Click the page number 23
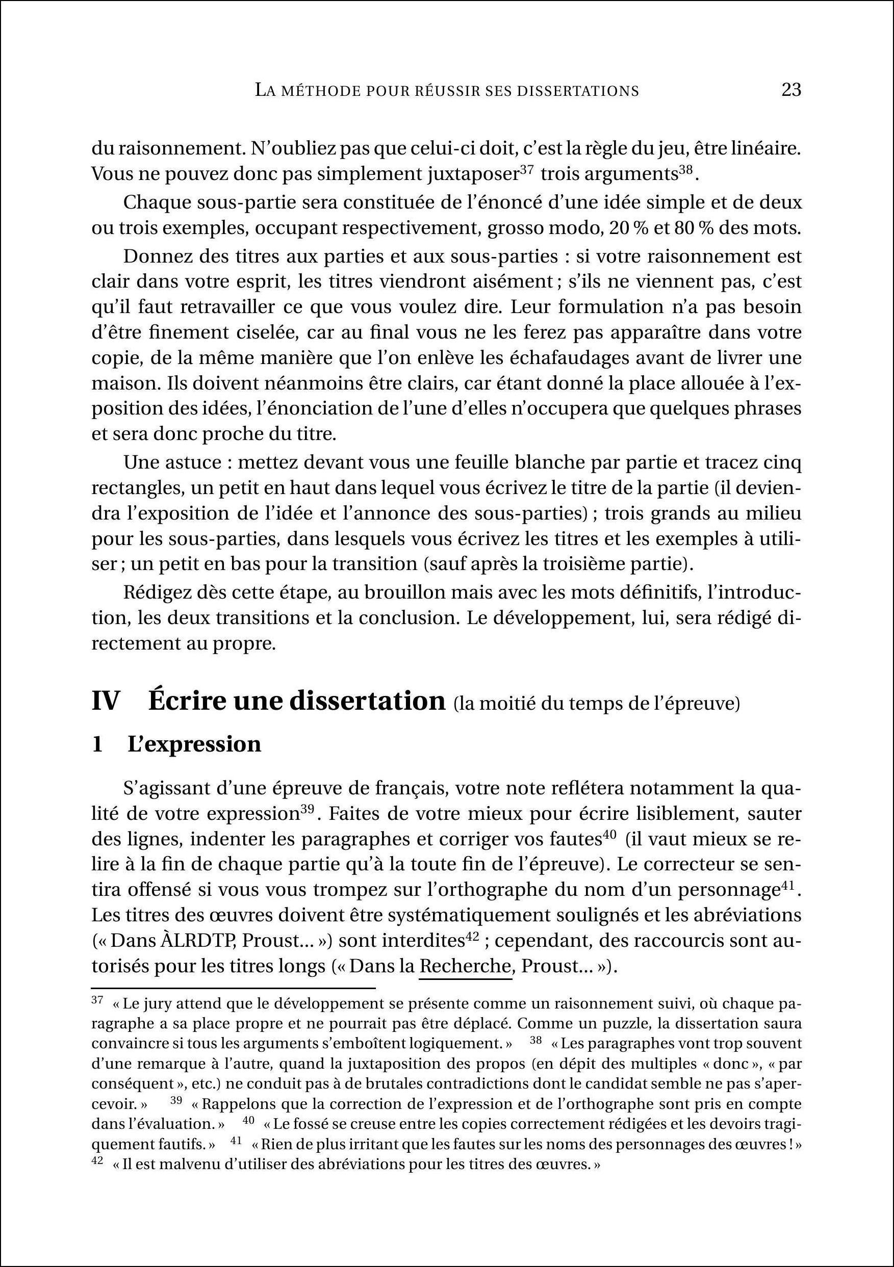click(x=791, y=89)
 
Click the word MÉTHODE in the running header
click(x=321, y=91)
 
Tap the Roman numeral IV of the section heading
click(x=106, y=702)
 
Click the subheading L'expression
click(x=194, y=744)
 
